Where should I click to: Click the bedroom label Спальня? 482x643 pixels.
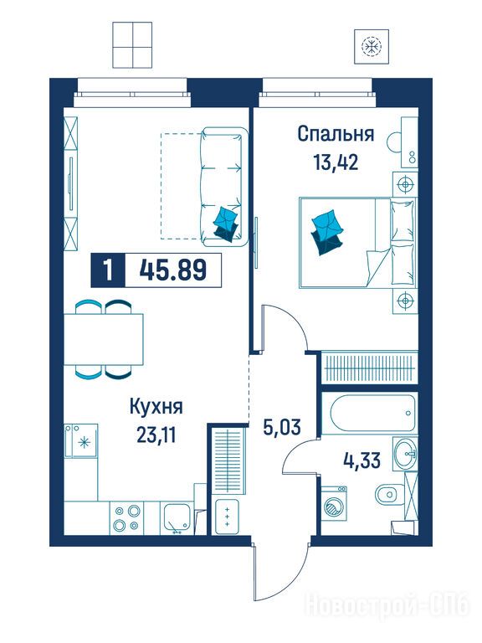click(336, 134)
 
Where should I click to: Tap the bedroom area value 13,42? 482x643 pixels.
click(336, 162)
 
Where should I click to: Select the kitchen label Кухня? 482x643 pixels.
click(156, 407)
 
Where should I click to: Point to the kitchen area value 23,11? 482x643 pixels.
click(156, 435)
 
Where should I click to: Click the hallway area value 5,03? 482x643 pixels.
click(281, 427)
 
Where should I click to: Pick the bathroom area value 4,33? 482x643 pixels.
click(361, 460)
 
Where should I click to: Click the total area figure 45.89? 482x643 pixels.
click(172, 270)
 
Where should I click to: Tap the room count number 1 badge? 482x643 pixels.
click(108, 270)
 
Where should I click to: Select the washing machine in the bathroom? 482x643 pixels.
click(334, 503)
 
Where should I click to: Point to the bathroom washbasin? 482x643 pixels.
click(405, 453)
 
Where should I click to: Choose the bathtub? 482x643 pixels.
click(370, 413)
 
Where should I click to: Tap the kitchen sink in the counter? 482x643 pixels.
click(177, 518)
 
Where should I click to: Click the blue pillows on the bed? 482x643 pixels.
click(327, 232)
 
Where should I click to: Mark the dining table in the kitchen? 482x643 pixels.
click(103, 339)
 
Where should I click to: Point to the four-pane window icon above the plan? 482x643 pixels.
click(132, 45)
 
